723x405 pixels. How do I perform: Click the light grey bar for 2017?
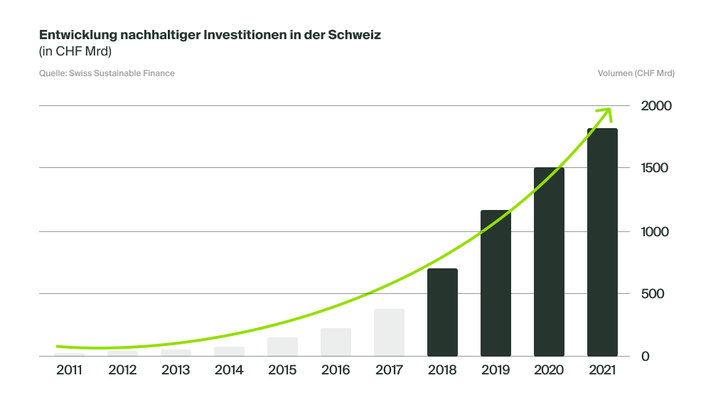[389, 332]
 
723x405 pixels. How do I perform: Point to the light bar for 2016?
[336, 342]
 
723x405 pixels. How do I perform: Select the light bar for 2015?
[282, 347]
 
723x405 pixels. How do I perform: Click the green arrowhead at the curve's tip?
[606, 112]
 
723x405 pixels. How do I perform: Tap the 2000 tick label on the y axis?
[656, 106]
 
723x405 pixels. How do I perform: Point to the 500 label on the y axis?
[652, 294]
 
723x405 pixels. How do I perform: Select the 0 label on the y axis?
[646, 356]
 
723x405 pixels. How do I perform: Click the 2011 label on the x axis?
[69, 370]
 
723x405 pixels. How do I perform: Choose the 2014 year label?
[229, 370]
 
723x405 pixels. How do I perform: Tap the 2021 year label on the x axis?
[602, 370]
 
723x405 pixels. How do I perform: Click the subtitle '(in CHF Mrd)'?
[75, 51]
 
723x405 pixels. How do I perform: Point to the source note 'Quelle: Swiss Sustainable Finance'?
[107, 73]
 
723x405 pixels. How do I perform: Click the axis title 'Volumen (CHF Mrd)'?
[636, 73]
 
